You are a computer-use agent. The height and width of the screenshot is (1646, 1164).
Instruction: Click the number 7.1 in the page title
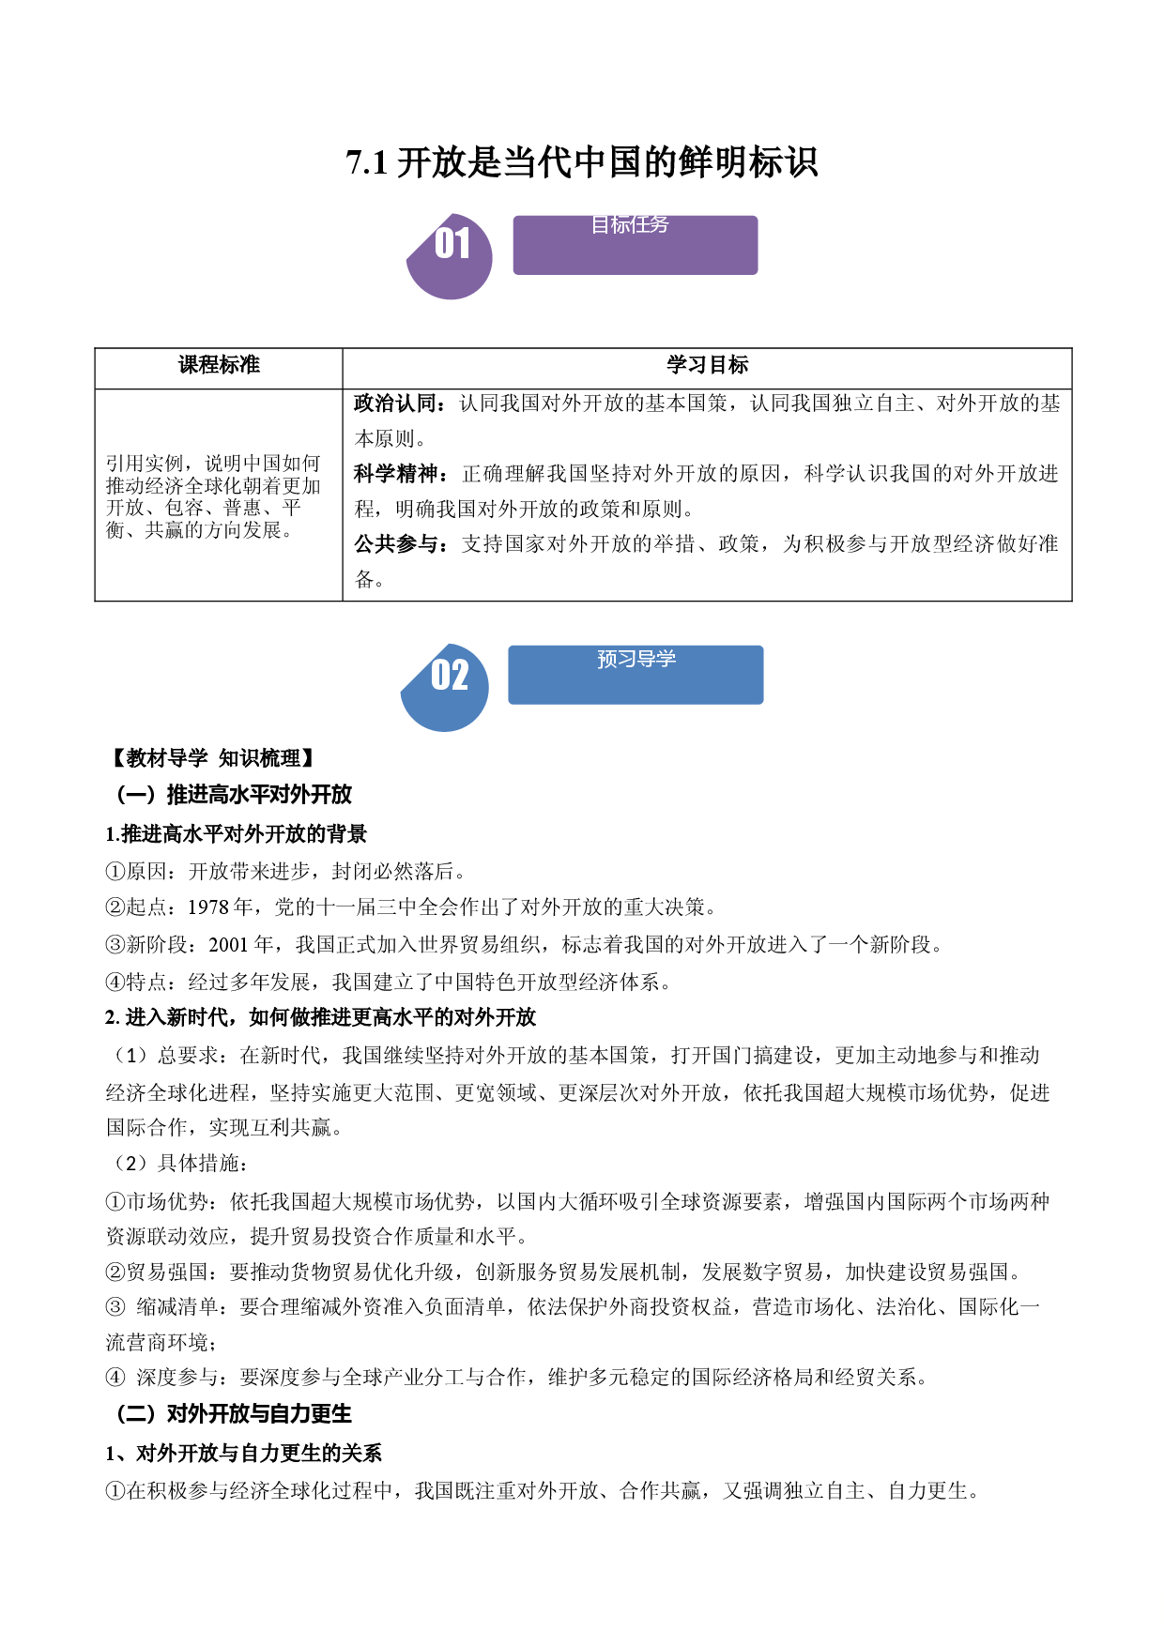point(367,162)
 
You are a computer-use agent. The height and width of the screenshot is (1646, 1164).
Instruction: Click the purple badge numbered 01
point(450,256)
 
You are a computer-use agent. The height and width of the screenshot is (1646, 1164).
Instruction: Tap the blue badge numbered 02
point(445,688)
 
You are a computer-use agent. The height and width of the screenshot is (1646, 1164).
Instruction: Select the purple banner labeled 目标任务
point(636,245)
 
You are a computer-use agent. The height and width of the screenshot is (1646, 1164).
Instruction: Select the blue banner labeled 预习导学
point(636,675)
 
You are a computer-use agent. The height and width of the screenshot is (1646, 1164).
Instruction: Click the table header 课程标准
point(219,365)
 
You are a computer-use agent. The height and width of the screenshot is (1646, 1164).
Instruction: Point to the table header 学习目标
point(708,365)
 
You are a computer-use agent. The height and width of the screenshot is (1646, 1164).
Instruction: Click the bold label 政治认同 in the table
point(394,404)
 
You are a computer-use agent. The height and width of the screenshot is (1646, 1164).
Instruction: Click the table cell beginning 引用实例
point(213,496)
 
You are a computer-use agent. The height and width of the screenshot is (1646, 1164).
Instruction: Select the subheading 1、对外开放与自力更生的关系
point(244,1453)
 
